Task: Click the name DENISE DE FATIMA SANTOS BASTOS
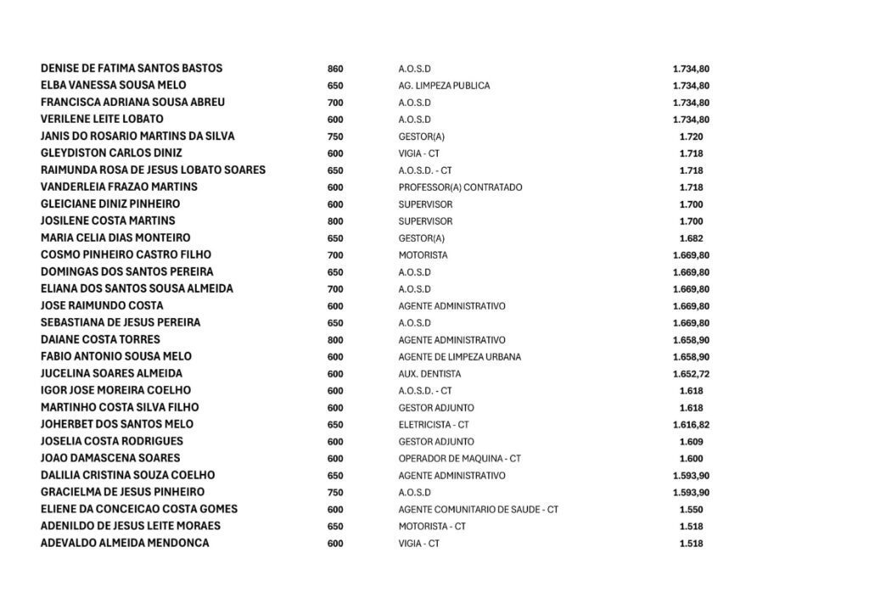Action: [x=132, y=68]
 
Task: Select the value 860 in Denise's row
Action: [x=335, y=69]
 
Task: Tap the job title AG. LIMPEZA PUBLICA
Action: [x=444, y=86]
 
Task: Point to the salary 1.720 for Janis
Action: [x=691, y=137]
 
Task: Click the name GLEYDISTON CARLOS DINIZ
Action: [x=111, y=153]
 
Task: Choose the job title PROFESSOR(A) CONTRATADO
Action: [x=460, y=187]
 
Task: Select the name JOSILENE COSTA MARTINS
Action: [x=108, y=220]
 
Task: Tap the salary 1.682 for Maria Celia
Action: [x=691, y=238]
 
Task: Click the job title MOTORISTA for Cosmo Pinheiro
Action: [x=423, y=255]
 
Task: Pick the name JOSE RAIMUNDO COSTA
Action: [x=102, y=305]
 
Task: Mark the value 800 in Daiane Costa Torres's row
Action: [x=335, y=339]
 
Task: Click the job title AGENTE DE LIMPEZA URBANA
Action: [x=459, y=357]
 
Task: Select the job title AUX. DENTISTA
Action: [x=429, y=374]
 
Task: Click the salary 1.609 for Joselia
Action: [x=691, y=442]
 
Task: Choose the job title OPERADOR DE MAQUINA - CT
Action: [x=459, y=459]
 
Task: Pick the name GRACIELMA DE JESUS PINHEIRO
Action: [x=122, y=492]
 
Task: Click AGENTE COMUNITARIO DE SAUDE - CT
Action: [x=478, y=510]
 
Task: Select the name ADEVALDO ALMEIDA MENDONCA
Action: [x=124, y=543]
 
